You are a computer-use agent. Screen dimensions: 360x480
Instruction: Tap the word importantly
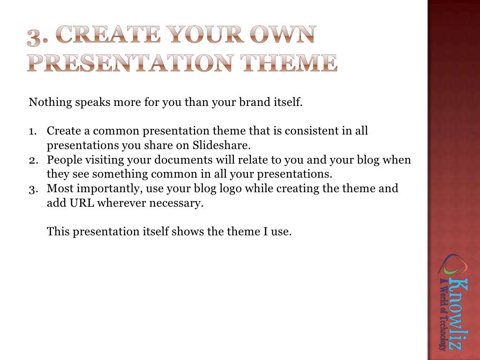103,189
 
